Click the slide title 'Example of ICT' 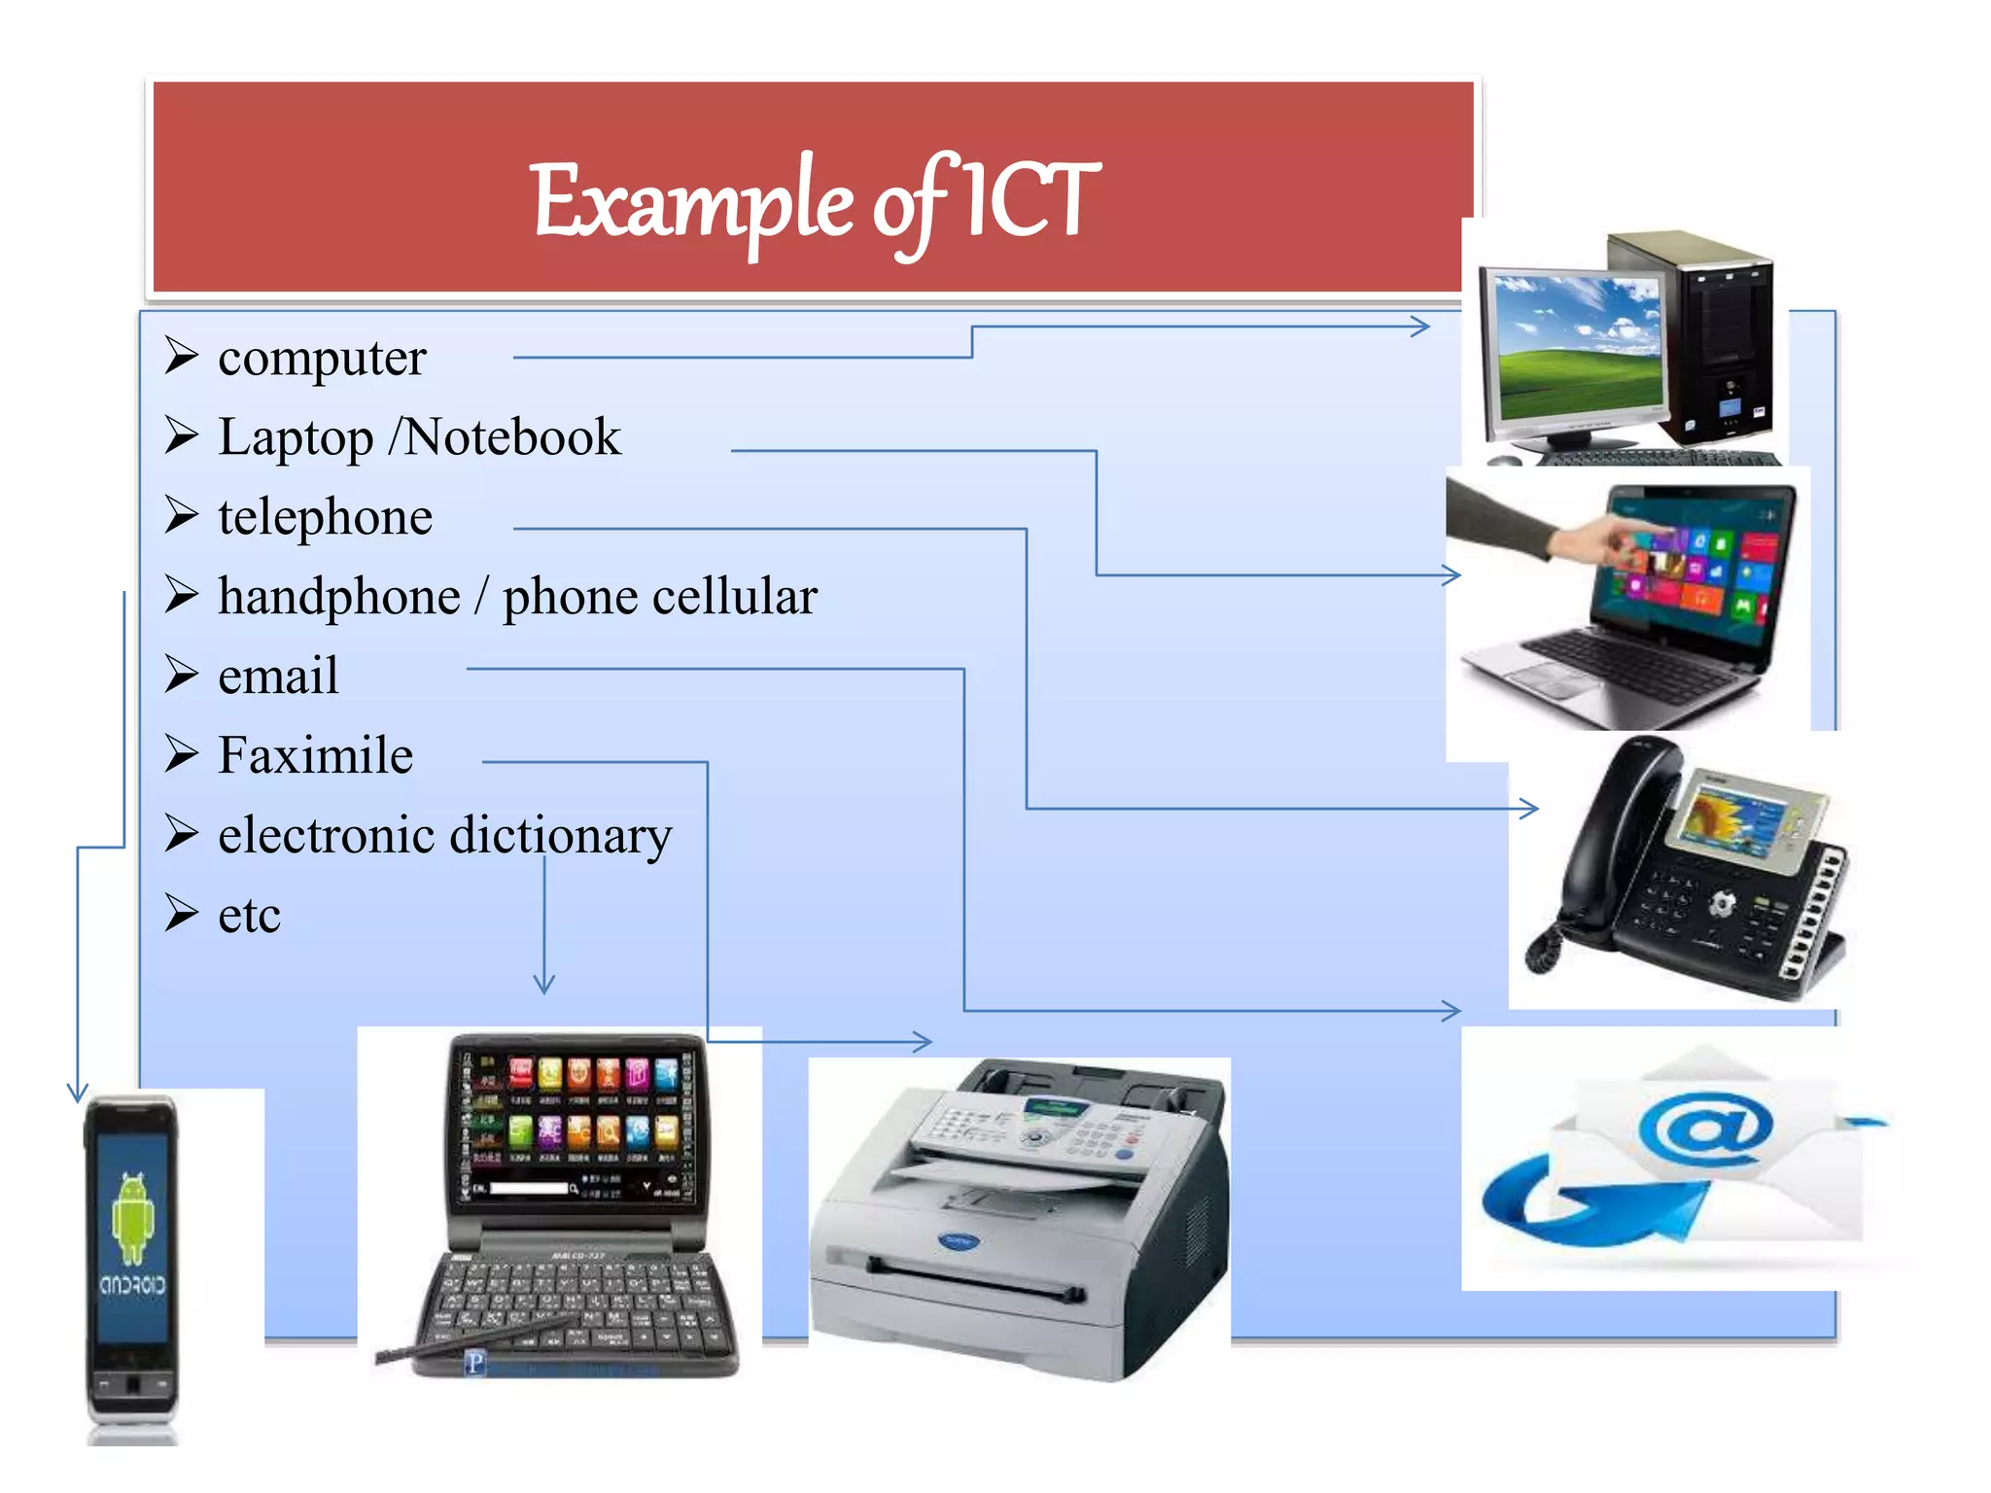[815, 201]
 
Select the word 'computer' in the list [322, 358]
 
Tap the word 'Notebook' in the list [512, 437]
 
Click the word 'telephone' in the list [325, 517]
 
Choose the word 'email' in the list [278, 676]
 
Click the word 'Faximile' [315, 755]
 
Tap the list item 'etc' [249, 916]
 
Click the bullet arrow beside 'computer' [182, 356]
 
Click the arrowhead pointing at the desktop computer [1421, 327]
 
